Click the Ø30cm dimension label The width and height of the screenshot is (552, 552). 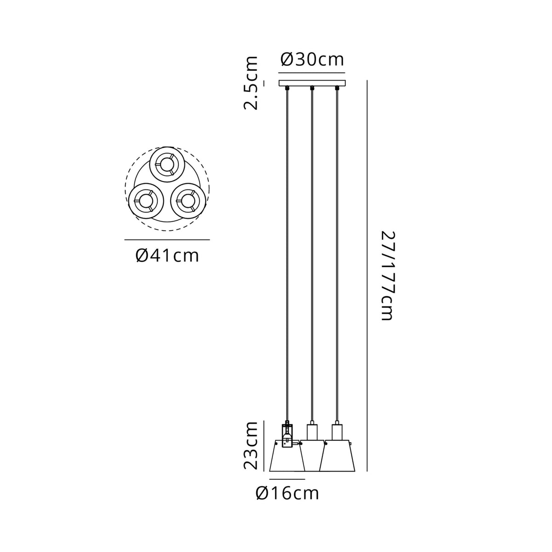(312, 60)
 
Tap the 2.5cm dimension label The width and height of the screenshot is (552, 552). (251, 83)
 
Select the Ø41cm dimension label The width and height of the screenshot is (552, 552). (167, 256)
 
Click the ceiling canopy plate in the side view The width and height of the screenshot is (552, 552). (312, 83)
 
